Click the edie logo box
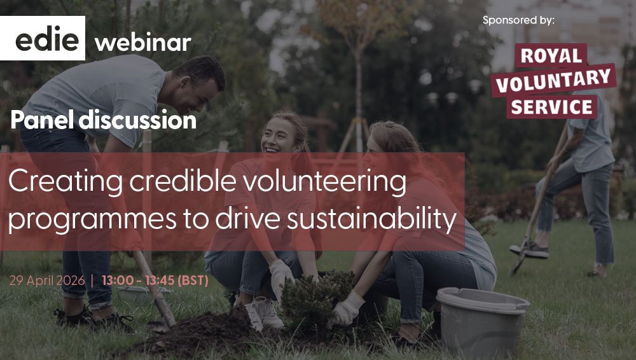(x=42, y=38)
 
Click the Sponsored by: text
(x=518, y=20)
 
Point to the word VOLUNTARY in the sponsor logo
(x=553, y=81)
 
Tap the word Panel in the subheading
(x=41, y=120)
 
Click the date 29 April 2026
(x=47, y=280)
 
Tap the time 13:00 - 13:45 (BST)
(x=155, y=280)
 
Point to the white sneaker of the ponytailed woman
(x=266, y=313)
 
